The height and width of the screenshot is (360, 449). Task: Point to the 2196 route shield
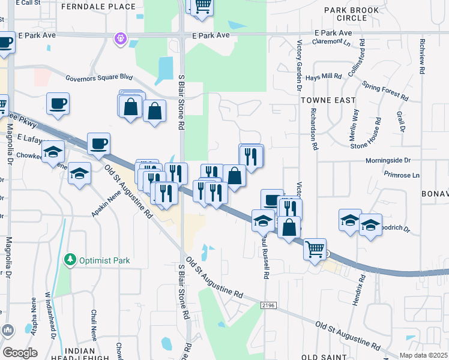click(x=270, y=305)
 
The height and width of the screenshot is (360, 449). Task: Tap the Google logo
click(x=20, y=352)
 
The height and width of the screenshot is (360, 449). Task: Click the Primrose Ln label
click(x=403, y=175)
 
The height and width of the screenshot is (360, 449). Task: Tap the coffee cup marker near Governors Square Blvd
click(x=58, y=104)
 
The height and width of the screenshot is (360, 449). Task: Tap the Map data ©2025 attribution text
click(x=423, y=355)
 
